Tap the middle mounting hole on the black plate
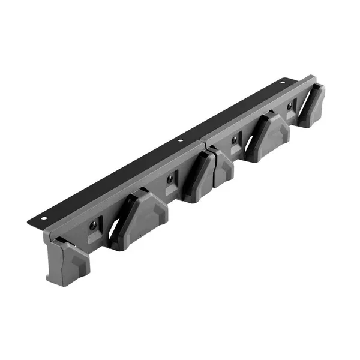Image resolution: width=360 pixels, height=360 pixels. (180, 141)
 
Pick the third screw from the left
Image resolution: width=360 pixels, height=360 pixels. (233, 141)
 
